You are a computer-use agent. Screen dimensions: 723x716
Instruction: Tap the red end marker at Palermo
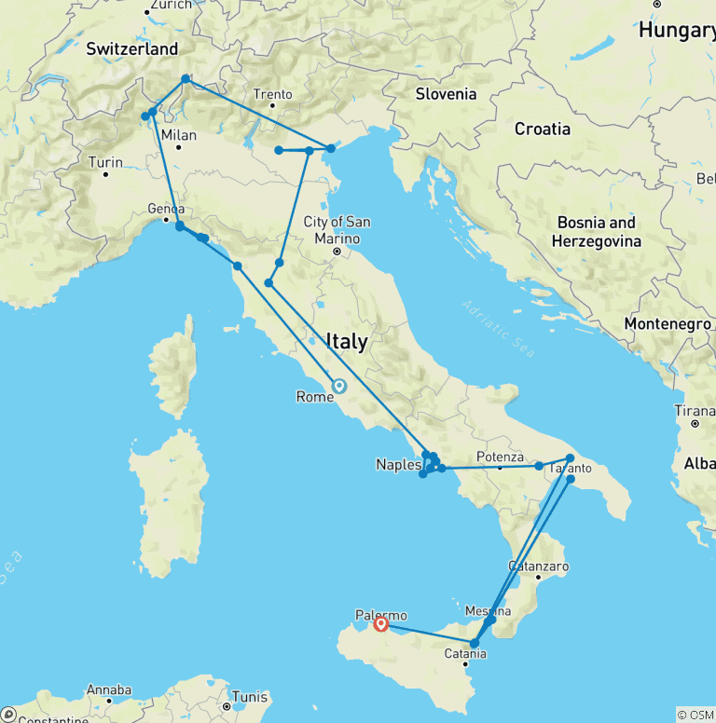click(380, 627)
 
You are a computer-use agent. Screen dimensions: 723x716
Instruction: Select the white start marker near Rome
click(338, 386)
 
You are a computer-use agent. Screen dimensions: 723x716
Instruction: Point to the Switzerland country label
click(131, 48)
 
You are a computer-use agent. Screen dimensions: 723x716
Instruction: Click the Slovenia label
click(446, 93)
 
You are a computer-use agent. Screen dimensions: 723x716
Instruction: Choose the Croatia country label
click(542, 130)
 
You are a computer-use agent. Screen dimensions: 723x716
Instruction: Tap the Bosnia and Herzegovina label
click(597, 231)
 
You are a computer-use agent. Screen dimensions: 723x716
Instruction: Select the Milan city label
click(179, 135)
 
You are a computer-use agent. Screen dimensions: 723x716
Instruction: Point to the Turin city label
click(105, 162)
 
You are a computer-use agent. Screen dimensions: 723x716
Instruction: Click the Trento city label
click(273, 94)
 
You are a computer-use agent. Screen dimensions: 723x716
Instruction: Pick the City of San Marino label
click(337, 229)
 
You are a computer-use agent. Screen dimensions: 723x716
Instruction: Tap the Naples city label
click(398, 464)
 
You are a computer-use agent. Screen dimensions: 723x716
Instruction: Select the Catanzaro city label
click(538, 566)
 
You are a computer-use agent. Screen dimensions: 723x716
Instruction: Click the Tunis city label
click(249, 697)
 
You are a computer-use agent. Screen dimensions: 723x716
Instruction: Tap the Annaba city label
click(108, 689)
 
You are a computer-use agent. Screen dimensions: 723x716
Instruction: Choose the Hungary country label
click(677, 31)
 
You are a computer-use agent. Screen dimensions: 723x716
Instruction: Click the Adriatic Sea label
click(499, 329)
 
